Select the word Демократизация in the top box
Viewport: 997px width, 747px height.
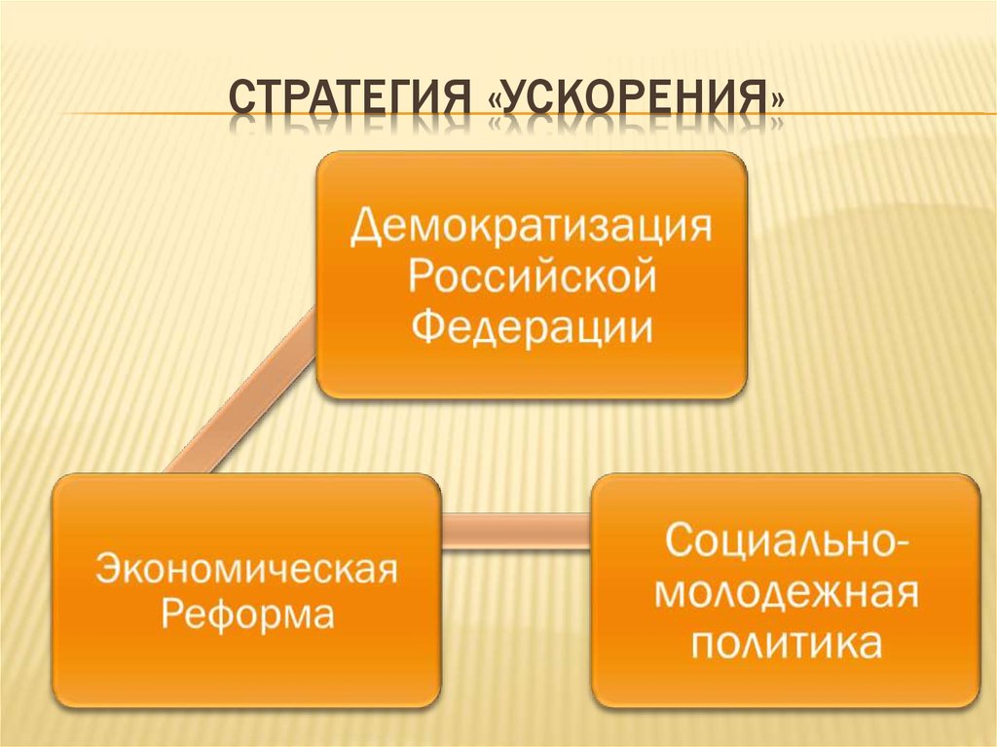point(531,229)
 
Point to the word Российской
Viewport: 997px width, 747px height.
point(531,279)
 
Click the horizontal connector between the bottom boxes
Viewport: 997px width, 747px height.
point(516,529)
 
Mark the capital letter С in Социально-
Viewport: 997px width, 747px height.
point(678,542)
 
